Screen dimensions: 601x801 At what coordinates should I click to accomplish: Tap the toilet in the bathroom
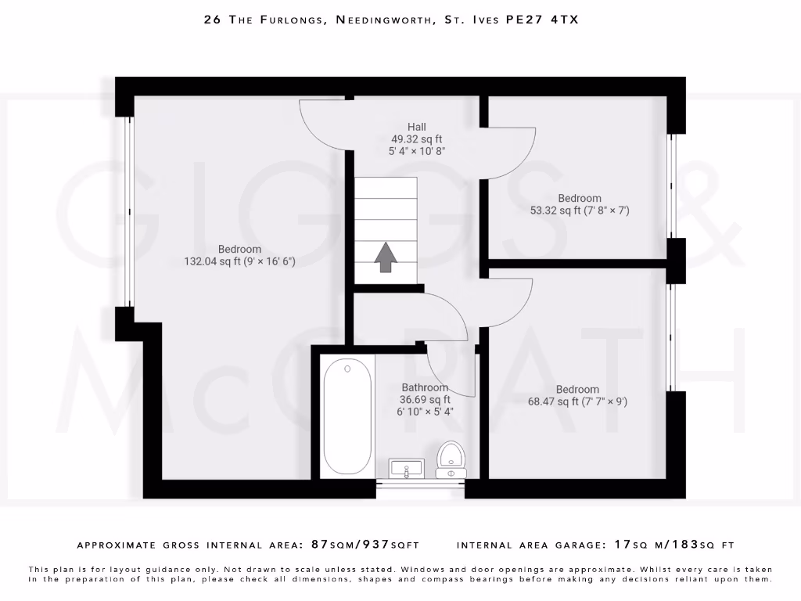point(451,459)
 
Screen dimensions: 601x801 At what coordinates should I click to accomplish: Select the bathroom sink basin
point(405,469)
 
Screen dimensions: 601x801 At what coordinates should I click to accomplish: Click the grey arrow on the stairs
point(385,257)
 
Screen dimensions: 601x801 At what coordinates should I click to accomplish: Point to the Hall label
point(417,127)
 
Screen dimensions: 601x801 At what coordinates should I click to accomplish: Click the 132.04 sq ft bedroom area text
point(239,262)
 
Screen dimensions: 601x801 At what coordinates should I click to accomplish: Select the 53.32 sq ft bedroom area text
point(580,210)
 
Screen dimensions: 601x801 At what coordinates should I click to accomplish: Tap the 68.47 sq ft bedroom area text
point(578,402)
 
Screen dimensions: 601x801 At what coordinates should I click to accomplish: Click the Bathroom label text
point(425,387)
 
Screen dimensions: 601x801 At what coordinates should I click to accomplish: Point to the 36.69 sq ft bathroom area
point(425,399)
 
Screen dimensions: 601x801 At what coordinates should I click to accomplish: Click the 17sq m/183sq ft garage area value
point(671,545)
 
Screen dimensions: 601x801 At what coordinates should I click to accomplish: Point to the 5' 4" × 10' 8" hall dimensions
point(417,150)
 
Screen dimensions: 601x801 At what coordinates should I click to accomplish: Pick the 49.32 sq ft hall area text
point(417,139)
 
